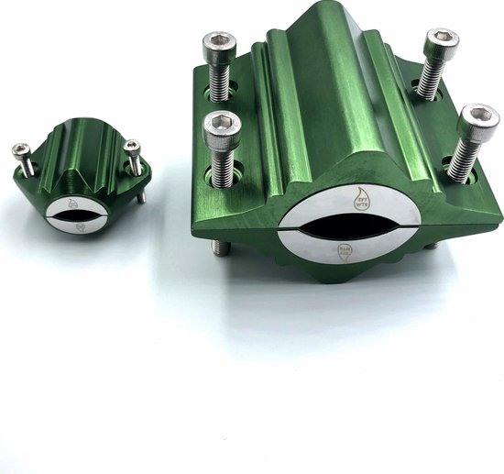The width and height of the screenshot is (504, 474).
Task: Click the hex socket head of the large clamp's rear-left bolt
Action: [220, 44]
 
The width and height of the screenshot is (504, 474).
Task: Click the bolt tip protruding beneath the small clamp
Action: [142, 195]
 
